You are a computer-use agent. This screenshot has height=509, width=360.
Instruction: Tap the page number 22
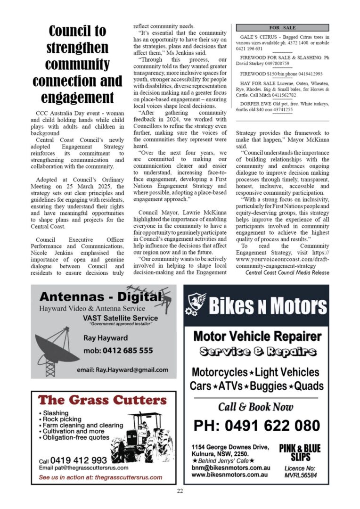[180, 491]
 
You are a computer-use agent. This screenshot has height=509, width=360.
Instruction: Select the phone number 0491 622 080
[256, 426]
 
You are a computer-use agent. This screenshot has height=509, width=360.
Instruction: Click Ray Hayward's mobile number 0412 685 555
[118, 351]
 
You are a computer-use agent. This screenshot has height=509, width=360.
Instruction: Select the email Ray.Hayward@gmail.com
[122, 370]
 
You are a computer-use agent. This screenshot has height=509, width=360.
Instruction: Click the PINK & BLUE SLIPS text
[300, 452]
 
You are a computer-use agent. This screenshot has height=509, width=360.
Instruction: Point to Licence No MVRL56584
[300, 472]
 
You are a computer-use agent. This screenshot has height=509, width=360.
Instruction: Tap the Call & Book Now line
[255, 407]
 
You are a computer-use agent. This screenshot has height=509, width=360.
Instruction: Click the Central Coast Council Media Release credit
[287, 273]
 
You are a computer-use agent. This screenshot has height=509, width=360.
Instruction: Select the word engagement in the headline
[77, 98]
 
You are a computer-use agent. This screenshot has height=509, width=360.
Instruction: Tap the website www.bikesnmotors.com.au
[230, 475]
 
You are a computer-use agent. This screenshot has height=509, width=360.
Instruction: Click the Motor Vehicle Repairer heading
[257, 337]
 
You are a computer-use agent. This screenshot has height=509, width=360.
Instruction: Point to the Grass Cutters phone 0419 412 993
[78, 460]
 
